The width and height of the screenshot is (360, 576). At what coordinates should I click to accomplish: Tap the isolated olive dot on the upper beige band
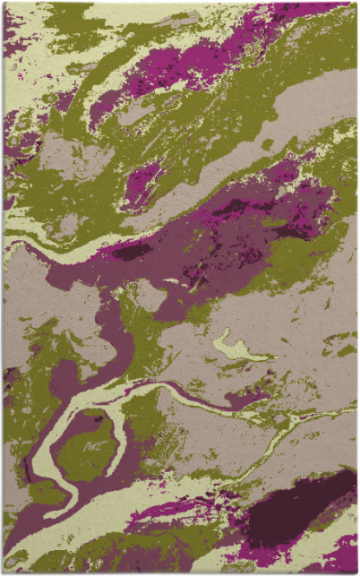pos(267,143)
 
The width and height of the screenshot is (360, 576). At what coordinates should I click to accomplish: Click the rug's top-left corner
pos(4,3)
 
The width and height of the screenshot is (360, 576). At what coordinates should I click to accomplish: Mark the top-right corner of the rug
pos(356,3)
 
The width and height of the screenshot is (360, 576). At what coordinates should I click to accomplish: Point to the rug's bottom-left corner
pos(4,572)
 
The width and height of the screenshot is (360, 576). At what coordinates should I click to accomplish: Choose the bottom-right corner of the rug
pos(356,572)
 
